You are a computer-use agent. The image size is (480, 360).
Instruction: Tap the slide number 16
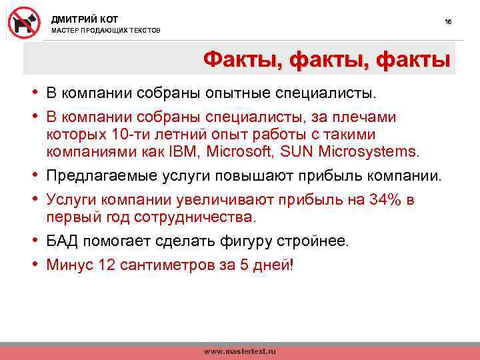point(448,22)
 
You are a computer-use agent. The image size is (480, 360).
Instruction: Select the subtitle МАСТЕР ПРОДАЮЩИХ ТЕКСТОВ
point(105,31)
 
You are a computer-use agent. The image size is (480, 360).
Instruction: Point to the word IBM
point(184,151)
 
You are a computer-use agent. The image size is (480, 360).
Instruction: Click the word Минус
point(70,265)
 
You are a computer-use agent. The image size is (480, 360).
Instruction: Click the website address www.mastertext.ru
point(239,351)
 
